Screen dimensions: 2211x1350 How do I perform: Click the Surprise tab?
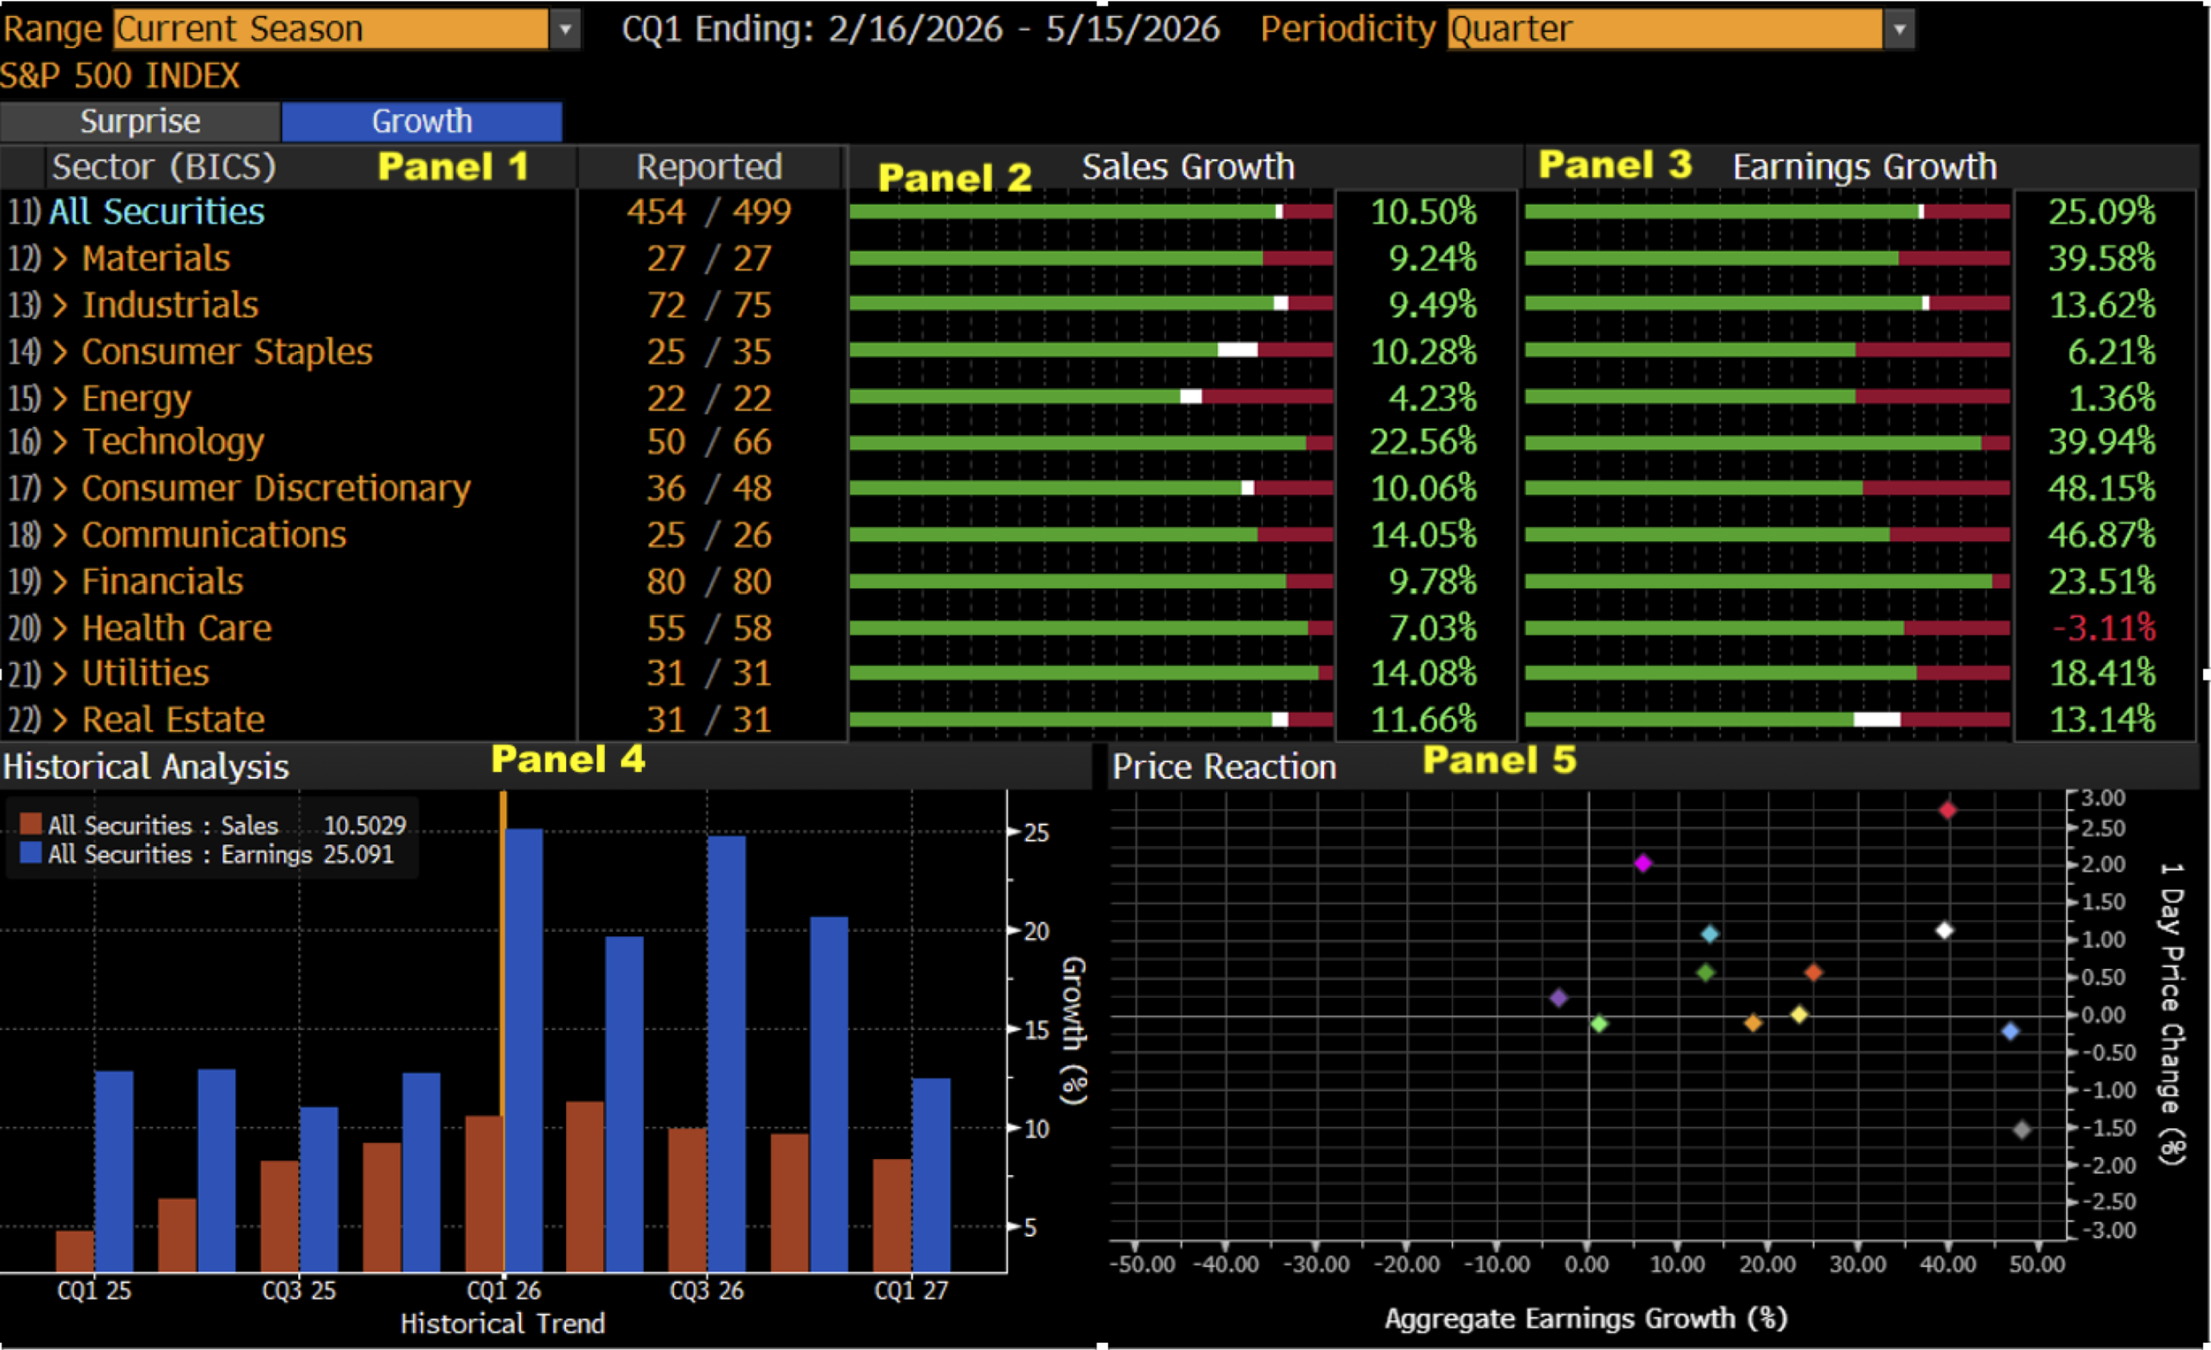pos(140,121)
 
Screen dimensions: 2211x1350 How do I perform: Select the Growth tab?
pos(422,121)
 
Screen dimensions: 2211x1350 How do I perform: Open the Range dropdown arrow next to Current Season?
pos(565,28)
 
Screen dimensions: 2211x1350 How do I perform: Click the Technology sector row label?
pos(173,441)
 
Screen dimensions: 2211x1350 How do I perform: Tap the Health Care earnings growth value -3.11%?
pos(2103,628)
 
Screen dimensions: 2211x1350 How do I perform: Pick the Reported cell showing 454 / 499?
pos(709,211)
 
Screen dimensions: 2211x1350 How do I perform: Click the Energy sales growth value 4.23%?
pos(1432,398)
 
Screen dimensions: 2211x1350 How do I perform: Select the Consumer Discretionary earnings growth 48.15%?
pos(2101,488)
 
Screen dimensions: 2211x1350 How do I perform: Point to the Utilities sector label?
pos(145,673)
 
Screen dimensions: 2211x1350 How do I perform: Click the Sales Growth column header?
pos(1188,167)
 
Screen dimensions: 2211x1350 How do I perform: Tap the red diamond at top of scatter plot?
pos(1947,810)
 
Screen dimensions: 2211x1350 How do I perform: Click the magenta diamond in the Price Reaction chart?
pos(1643,863)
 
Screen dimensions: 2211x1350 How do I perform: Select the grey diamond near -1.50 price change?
pos(2022,1129)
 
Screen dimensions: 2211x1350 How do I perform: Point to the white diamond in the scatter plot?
pos(1945,930)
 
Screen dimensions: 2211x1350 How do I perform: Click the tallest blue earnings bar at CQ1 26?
pos(524,1049)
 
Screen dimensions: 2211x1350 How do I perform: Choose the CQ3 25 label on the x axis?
pos(299,1291)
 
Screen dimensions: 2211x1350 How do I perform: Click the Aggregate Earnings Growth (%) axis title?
pos(1586,1317)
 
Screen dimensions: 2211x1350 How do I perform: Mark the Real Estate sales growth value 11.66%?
pos(1423,720)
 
